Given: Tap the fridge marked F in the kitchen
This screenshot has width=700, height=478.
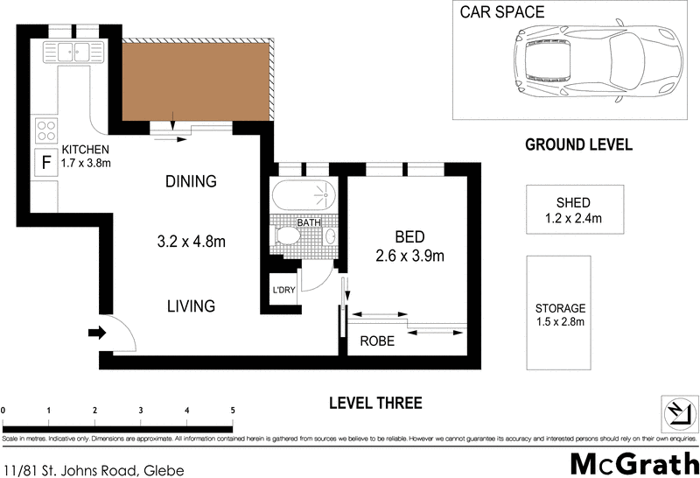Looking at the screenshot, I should [x=44, y=161].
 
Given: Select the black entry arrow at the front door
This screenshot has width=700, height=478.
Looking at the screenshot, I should [x=96, y=333].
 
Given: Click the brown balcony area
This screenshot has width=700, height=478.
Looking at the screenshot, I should [x=194, y=81].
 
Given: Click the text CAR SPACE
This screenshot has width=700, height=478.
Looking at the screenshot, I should [x=502, y=12].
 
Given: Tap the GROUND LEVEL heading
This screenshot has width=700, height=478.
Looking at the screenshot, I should [x=577, y=145].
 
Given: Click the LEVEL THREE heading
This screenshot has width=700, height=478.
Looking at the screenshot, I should [x=375, y=404].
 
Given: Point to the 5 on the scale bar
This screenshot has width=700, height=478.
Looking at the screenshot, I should [x=232, y=410].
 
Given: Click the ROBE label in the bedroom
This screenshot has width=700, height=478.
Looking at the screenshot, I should [x=378, y=341].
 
